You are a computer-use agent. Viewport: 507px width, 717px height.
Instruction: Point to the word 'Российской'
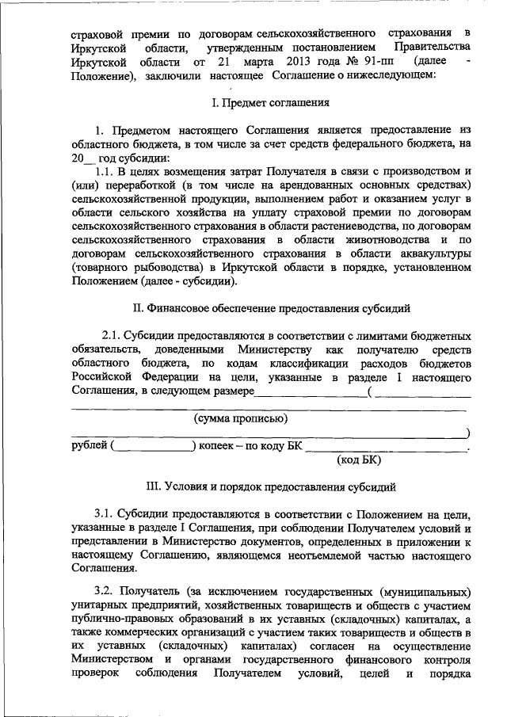point(101,378)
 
